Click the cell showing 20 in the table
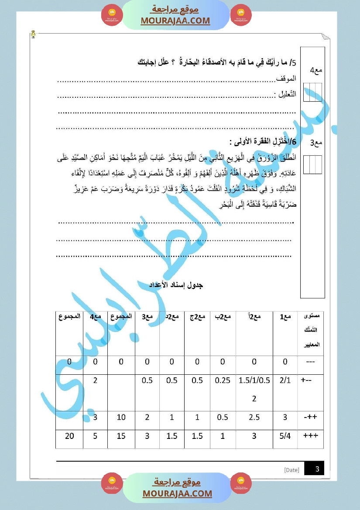point(69,435)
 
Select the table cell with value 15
point(121,435)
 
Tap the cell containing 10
point(121,418)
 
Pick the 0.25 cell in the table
point(223,380)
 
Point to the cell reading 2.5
point(254,418)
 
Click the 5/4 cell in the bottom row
point(285,435)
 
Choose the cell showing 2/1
point(285,380)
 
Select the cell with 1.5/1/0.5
point(254,380)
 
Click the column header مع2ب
point(223,317)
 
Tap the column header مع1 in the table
point(285,317)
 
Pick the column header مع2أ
point(254,317)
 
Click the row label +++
point(310,435)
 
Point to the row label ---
point(310,362)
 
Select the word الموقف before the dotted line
point(287,79)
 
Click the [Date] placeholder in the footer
point(291,470)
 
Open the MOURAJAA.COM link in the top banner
point(175,21)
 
